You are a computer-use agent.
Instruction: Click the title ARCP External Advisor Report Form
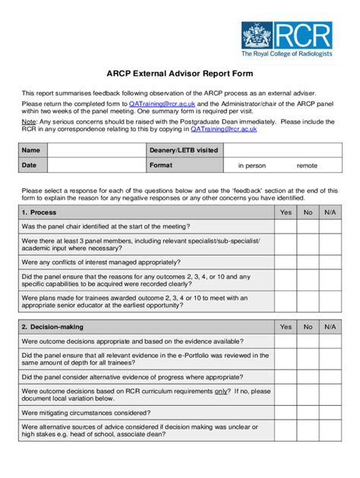pos(179,75)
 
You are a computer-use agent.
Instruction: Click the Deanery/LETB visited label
pos(184,150)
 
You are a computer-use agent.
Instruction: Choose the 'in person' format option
pos(252,165)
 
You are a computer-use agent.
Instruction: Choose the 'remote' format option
pos(307,165)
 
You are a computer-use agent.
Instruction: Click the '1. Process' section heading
pos(39,212)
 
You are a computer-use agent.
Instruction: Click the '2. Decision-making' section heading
pos(52,327)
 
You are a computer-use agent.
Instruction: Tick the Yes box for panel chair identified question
pos(286,226)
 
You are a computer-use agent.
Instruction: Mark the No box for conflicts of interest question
pos(308,261)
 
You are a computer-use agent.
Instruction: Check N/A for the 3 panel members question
pos(330,244)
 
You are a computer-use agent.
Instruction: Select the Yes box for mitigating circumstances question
pos(286,413)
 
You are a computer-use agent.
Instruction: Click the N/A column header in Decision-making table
pos(330,327)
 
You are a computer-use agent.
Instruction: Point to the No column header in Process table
pos(308,212)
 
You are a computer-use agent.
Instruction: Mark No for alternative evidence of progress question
pos(308,376)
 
